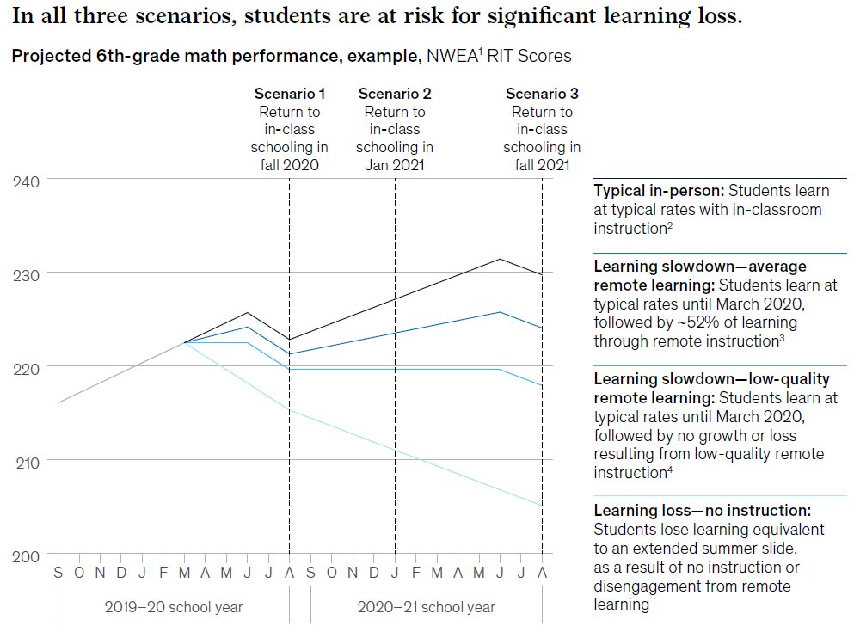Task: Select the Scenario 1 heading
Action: (x=290, y=94)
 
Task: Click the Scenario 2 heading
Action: (x=395, y=94)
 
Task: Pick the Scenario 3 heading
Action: (x=542, y=94)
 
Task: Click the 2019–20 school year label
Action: (x=174, y=607)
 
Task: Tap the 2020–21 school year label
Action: (x=426, y=607)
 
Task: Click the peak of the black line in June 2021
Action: (x=500, y=259)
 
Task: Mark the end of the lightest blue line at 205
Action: (x=542, y=506)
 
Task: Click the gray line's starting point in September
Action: (x=58, y=402)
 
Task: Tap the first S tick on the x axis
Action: (x=58, y=572)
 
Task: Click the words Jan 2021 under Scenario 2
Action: (x=395, y=165)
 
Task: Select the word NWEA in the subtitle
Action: (x=450, y=57)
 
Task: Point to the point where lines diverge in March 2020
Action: (x=184, y=342)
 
